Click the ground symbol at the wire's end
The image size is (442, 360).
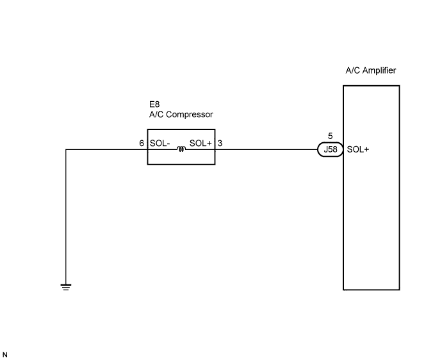(66, 287)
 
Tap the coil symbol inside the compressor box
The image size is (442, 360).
(181, 149)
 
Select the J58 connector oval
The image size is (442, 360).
(330, 149)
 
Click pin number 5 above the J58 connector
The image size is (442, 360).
(331, 136)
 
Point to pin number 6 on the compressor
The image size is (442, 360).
(142, 143)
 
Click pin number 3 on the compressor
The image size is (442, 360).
(220, 143)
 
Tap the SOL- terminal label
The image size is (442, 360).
(160, 143)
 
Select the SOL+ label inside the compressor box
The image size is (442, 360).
(201, 143)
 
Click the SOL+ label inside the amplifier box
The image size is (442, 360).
(357, 149)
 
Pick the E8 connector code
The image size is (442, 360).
(154, 104)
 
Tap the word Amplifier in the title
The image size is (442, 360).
(379, 70)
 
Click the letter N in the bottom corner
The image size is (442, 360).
(4, 355)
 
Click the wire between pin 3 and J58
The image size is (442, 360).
(266, 149)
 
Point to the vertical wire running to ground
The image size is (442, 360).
(66, 217)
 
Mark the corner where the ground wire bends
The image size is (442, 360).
(66, 149)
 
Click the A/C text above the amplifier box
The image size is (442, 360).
(353, 70)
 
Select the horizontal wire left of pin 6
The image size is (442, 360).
(106, 149)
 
